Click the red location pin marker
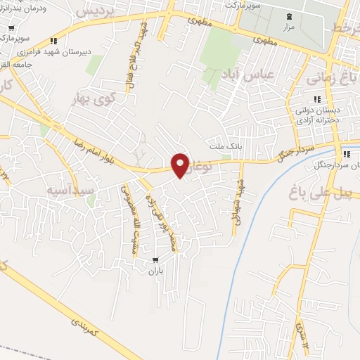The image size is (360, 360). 181,165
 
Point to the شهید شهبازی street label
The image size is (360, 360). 238,204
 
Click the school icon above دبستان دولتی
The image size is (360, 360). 317,98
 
